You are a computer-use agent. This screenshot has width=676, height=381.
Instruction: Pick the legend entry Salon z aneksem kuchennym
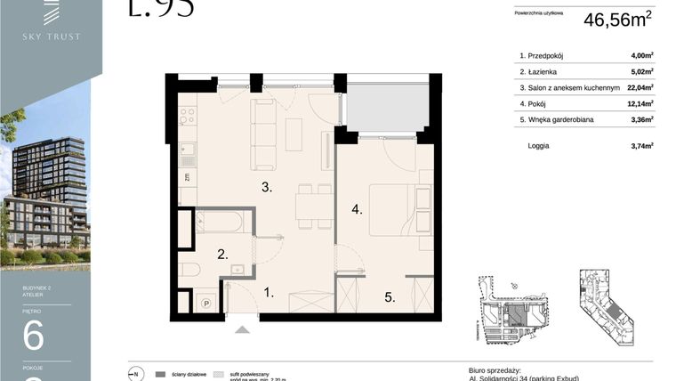567,88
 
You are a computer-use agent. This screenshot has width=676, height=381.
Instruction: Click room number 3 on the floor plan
266,187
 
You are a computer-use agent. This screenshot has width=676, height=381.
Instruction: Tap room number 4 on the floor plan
357,210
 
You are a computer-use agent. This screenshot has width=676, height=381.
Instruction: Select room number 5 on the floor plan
390,297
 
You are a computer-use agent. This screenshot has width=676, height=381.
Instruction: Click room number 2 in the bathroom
224,254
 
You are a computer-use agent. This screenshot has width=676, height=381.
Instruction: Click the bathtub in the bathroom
225,221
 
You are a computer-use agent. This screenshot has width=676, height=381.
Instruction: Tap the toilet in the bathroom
189,269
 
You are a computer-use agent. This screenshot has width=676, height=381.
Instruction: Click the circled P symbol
206,302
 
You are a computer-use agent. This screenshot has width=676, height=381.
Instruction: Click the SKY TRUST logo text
52,36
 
